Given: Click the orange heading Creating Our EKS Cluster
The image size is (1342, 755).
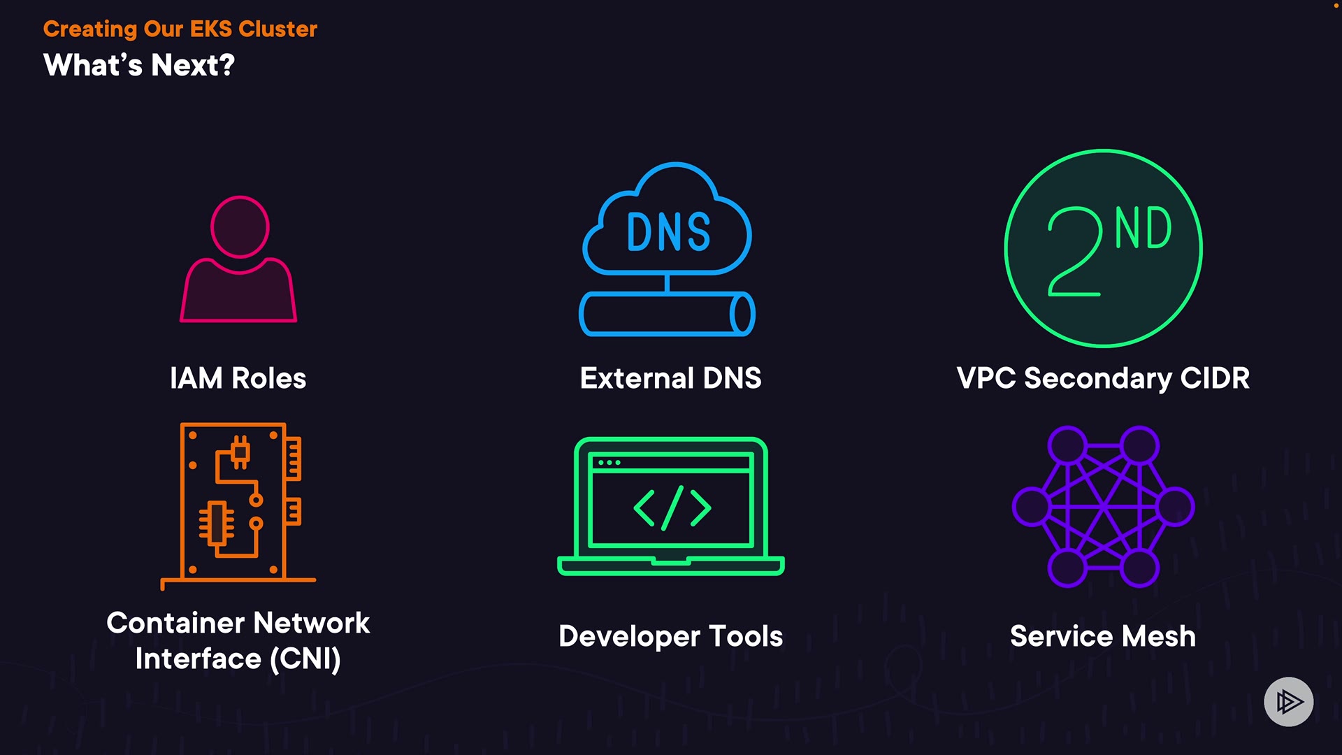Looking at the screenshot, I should (x=180, y=29).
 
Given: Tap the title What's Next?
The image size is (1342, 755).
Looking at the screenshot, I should (x=139, y=66).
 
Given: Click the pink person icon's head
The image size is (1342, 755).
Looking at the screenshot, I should (x=240, y=226).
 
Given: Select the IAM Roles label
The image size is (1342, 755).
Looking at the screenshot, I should (x=238, y=378).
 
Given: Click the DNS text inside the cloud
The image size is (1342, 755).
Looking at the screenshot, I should (x=668, y=232).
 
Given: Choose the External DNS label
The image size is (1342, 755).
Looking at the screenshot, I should (x=670, y=378).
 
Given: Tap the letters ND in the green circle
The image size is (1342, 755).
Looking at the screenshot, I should (x=1143, y=229).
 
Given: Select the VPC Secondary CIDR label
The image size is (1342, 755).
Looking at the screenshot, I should (x=1103, y=378).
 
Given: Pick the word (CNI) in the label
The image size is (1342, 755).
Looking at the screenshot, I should (x=305, y=659).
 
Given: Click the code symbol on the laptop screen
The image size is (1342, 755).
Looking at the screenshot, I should (x=672, y=508).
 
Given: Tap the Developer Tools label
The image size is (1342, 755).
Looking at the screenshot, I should (x=670, y=636).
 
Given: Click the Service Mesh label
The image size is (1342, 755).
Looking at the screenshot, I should (x=1103, y=636).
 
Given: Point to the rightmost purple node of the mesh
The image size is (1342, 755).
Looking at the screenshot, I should (x=1175, y=506).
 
